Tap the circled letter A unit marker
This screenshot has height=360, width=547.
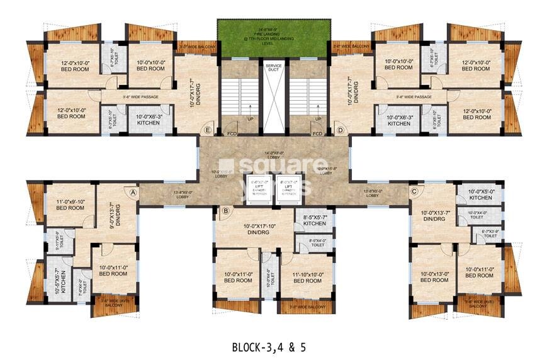coord(133,192)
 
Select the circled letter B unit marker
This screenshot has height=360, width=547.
coord(225,211)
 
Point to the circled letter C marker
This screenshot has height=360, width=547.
coord(414,191)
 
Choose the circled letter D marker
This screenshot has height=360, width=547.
coord(340,131)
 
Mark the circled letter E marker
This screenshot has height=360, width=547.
coord(207,131)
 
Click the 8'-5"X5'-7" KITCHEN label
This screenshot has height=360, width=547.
coord(314,220)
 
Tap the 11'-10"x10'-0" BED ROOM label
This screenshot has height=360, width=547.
coord(308,277)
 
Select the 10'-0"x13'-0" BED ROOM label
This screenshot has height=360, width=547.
coord(434,276)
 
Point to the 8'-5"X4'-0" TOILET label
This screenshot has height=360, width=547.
coord(317,242)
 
